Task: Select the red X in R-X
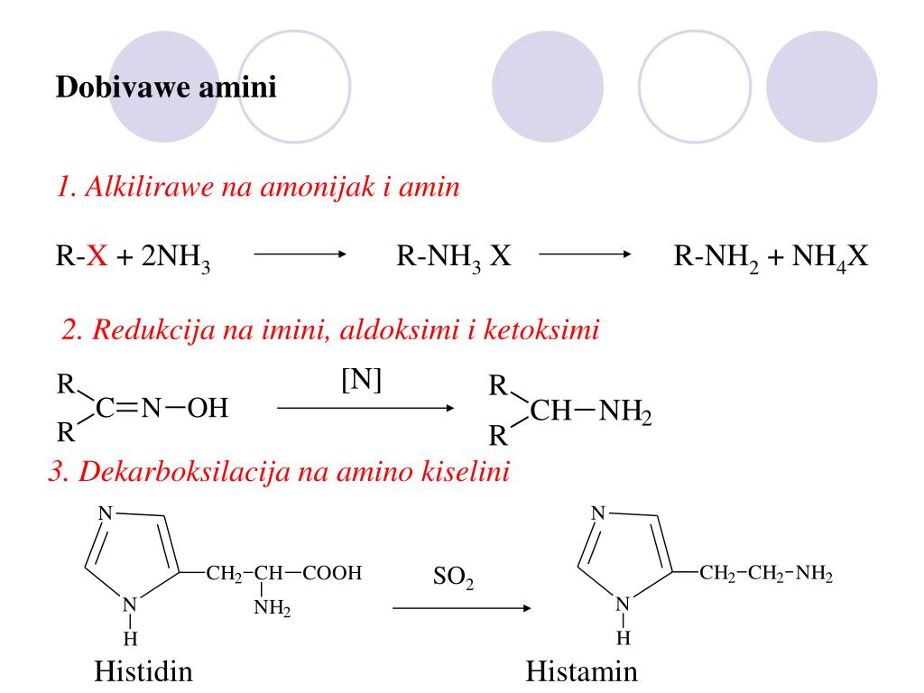pyautogui.click(x=97, y=256)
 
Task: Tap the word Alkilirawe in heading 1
pyautogui.click(x=150, y=187)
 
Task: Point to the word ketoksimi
pyautogui.click(x=541, y=329)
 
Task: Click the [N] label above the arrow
pyautogui.click(x=361, y=380)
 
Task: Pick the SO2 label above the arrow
pyautogui.click(x=453, y=577)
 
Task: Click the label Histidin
pyautogui.click(x=143, y=671)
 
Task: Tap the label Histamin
pyautogui.click(x=582, y=671)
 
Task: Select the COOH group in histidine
pyautogui.click(x=332, y=573)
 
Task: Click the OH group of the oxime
pyautogui.click(x=208, y=408)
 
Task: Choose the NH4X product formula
pyautogui.click(x=830, y=257)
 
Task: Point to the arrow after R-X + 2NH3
pyautogui.click(x=300, y=254)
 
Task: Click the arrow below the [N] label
pyautogui.click(x=365, y=408)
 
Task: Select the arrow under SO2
pyautogui.click(x=461, y=608)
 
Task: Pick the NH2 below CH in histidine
pyautogui.click(x=273, y=607)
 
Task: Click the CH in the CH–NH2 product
pyautogui.click(x=550, y=411)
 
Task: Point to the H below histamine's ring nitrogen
pyautogui.click(x=624, y=638)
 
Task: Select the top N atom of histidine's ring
pyautogui.click(x=105, y=513)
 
